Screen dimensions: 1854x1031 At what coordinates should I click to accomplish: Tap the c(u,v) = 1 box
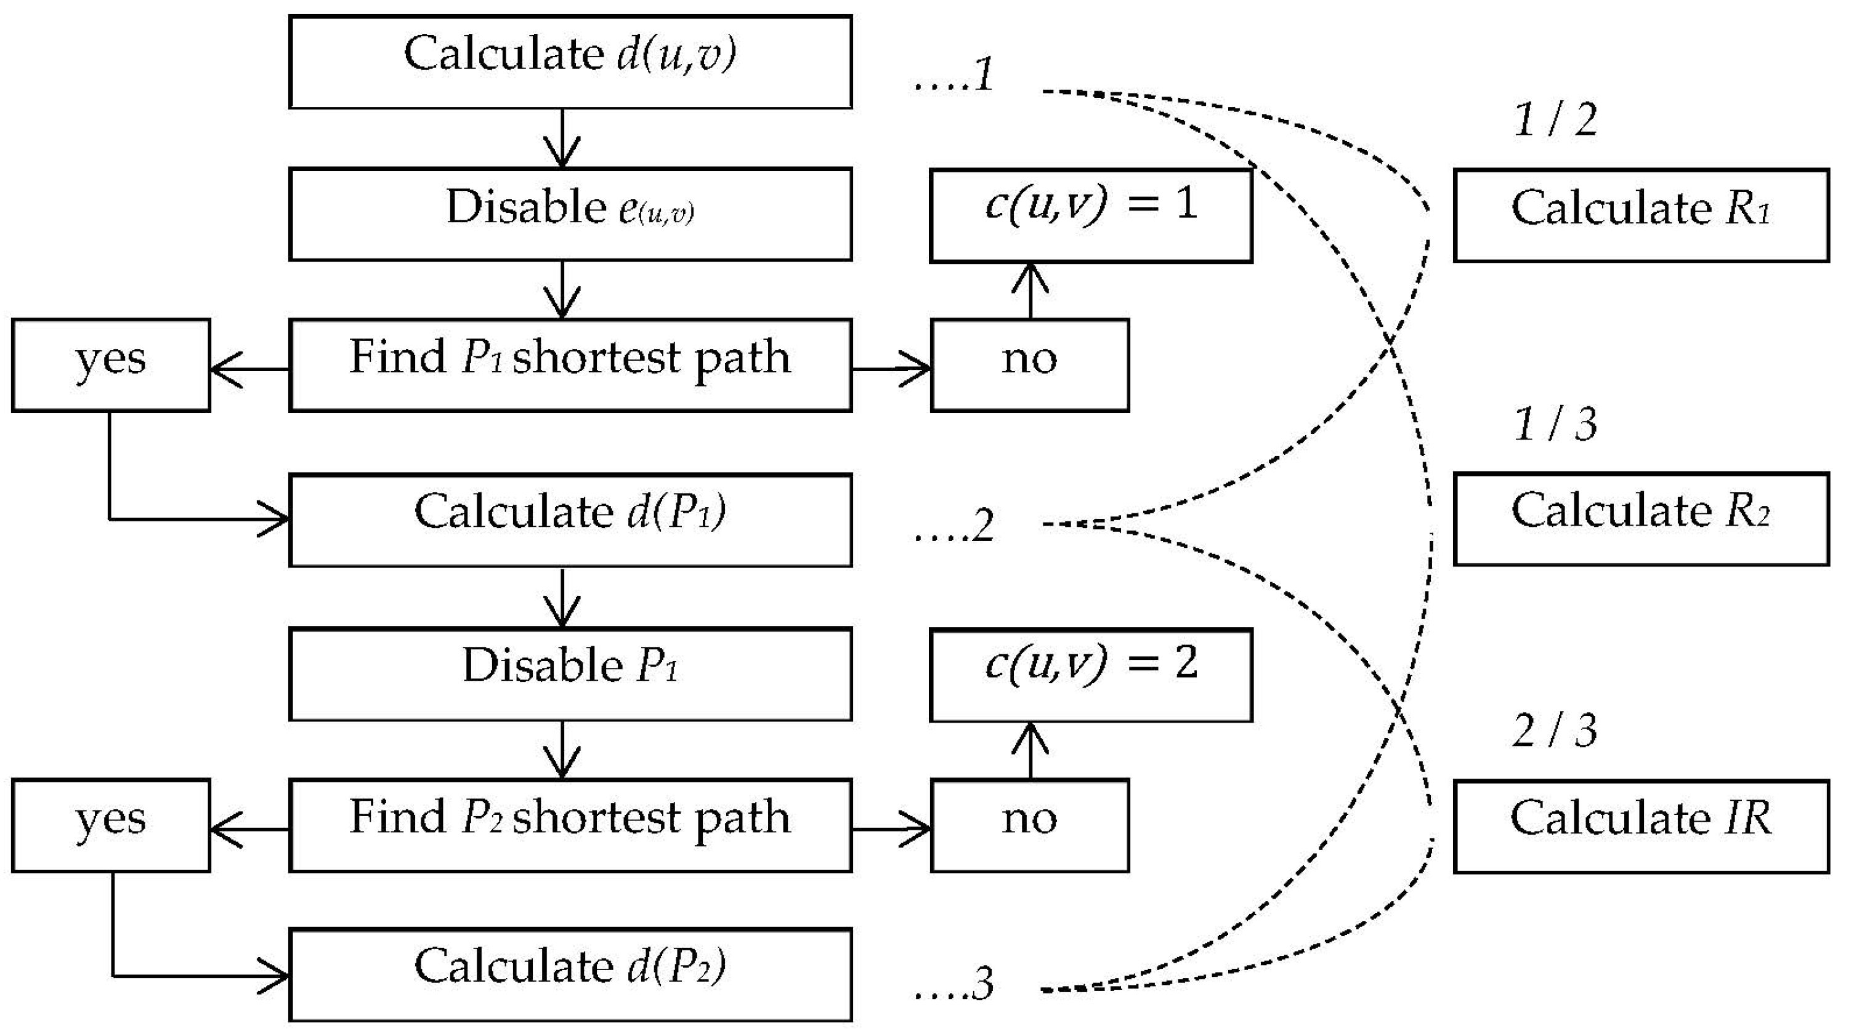pos(1091,215)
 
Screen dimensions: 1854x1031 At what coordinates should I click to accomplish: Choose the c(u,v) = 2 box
pos(1091,675)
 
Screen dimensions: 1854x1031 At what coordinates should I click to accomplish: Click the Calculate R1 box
pos(1641,215)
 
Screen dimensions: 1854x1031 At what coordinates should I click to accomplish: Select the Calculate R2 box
pos(1641,519)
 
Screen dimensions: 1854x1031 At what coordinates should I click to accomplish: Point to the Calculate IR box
pos(1641,826)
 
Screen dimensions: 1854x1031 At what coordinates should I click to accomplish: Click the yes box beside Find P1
pos(111,366)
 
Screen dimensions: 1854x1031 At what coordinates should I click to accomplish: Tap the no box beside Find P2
pos(1030,825)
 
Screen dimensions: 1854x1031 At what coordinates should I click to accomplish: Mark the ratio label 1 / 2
pos(1556,119)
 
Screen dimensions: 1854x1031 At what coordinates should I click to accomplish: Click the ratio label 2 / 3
pos(1556,731)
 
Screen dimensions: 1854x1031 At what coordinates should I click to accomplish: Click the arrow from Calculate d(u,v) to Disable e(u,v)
pos(562,138)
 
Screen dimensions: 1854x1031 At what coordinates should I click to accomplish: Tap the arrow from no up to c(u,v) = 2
pos(1030,750)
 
